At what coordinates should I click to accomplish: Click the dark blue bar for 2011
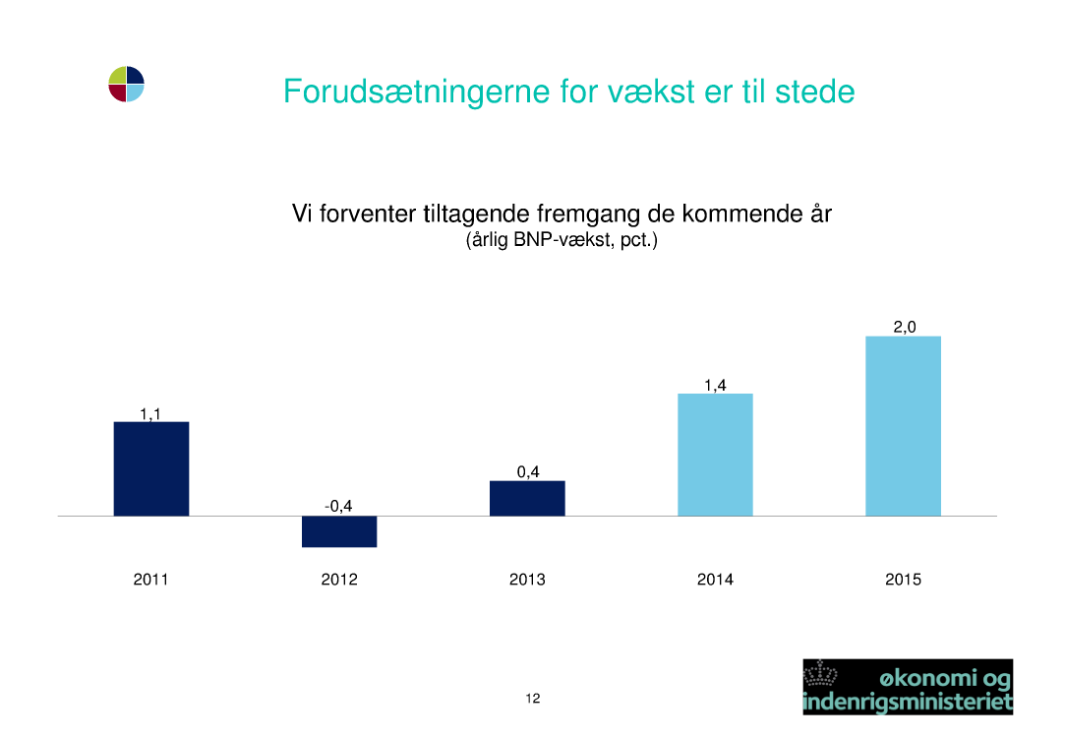click(x=150, y=469)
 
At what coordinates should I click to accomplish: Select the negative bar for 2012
click(x=339, y=531)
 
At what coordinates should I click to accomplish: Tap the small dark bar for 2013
click(x=527, y=499)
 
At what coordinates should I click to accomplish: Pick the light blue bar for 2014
click(x=715, y=455)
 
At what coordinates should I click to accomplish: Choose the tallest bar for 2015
click(x=903, y=426)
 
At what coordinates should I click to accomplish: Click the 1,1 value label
click(x=150, y=414)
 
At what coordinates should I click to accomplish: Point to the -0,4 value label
click(x=338, y=507)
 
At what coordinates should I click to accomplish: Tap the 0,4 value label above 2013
click(x=528, y=471)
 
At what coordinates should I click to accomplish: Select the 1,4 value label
click(x=715, y=386)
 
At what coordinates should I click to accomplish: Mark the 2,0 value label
click(x=904, y=327)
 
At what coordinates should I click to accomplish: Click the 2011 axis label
click(x=150, y=580)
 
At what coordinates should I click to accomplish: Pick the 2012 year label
click(x=339, y=580)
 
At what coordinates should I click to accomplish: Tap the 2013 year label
click(x=527, y=580)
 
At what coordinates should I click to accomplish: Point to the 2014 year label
click(x=715, y=580)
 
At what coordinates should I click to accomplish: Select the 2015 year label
click(x=903, y=580)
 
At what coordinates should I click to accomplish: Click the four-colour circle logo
click(x=126, y=85)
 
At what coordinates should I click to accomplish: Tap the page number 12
click(x=533, y=698)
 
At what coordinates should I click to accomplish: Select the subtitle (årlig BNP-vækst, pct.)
click(x=562, y=240)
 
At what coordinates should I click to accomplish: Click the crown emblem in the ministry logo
click(x=820, y=674)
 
